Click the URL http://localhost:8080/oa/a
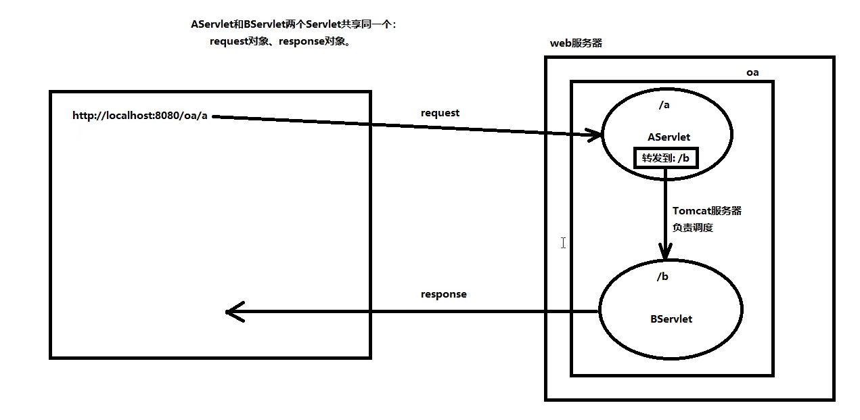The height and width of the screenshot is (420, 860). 140,116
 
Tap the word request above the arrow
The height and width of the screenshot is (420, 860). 440,113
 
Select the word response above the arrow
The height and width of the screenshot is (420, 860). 443,294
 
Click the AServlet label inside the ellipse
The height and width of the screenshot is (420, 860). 669,137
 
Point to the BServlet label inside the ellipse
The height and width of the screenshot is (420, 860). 671,319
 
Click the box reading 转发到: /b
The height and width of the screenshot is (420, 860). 665,158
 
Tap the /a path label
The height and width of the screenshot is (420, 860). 663,105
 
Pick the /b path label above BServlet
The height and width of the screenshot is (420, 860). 662,277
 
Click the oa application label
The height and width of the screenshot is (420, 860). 752,72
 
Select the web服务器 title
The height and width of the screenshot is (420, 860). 576,43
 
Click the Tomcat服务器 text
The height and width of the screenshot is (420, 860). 707,211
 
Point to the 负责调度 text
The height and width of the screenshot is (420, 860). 692,228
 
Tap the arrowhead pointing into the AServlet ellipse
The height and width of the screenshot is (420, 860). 596,135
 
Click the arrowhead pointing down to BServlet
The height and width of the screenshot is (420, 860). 665,253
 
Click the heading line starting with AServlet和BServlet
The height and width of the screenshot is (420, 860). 294,24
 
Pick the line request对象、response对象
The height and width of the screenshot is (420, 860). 280,41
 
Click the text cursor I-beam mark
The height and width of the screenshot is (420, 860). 563,242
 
